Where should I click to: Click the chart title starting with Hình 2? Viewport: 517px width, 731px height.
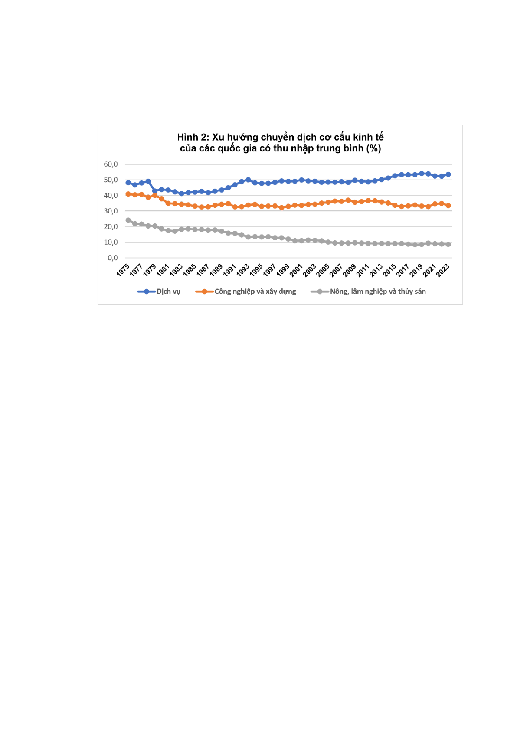280,143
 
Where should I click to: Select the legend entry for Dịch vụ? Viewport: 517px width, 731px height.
168,292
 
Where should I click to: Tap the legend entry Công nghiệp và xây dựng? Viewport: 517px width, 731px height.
255,292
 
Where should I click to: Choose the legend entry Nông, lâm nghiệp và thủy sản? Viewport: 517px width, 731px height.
377,292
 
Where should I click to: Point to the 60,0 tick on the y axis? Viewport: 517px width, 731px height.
111,164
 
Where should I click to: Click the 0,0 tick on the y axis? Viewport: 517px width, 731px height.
112,258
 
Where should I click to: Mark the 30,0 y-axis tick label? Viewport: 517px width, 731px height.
111,211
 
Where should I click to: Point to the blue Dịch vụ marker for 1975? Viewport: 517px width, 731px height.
128,183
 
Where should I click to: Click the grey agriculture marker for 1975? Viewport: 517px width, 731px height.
128,220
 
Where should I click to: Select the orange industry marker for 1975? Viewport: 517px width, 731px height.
128,194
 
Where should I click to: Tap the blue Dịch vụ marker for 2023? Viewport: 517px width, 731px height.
448,174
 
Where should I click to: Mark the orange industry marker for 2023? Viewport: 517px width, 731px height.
448,206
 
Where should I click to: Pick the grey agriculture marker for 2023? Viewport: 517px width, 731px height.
448,245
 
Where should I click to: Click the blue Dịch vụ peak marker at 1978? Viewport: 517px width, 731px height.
148,181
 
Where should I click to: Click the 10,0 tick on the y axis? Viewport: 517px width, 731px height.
111,243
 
